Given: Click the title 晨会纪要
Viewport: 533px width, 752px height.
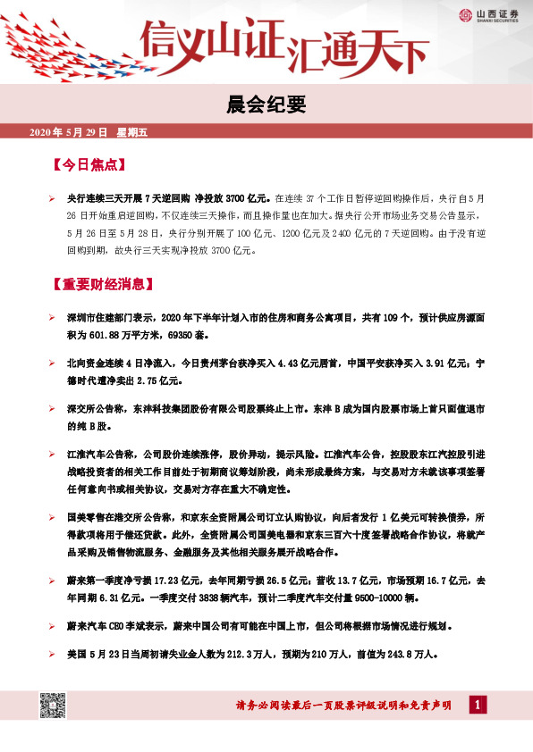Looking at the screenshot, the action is point(266,106).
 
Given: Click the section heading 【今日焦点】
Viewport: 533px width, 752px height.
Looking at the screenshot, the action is point(88,165).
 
